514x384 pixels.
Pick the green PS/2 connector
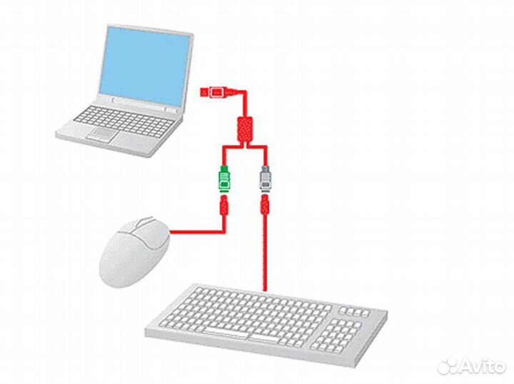(x=223, y=178)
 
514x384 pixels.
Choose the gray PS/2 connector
(x=265, y=178)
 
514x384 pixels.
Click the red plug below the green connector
(x=223, y=208)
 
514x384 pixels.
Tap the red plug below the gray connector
(x=265, y=208)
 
